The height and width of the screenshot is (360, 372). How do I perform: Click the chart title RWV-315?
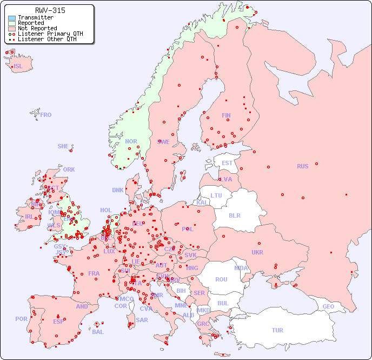(x=50, y=10)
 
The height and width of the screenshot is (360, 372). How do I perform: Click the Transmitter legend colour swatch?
(x=12, y=18)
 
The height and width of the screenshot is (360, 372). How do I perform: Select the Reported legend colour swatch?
(x=12, y=23)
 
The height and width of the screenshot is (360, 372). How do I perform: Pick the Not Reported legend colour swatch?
(x=12, y=29)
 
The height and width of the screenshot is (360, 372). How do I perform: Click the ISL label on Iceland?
(x=18, y=67)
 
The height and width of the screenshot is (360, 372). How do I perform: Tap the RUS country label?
(x=302, y=166)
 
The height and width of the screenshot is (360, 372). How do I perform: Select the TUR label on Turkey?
(x=277, y=330)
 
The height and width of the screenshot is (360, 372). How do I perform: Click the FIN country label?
(x=226, y=115)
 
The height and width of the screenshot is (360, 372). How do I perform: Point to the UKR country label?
(x=257, y=252)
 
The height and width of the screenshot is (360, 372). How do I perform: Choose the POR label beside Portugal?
(x=21, y=319)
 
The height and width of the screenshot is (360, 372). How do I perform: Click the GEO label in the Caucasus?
(x=328, y=306)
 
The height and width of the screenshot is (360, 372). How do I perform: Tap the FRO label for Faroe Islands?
(x=46, y=115)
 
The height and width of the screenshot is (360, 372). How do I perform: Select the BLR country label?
(x=235, y=215)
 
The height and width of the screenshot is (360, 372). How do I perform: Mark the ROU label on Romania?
(x=221, y=279)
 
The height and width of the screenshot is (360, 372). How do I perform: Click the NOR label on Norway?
(x=131, y=141)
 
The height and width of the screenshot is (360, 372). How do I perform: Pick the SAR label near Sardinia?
(x=142, y=320)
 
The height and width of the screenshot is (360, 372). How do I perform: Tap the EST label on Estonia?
(x=227, y=163)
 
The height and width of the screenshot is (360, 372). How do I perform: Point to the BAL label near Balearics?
(x=98, y=332)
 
